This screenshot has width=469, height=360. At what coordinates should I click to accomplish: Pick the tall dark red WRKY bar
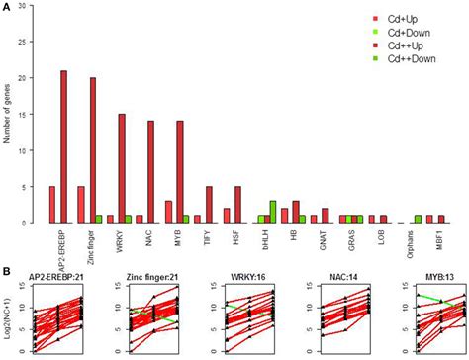[121, 168]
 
